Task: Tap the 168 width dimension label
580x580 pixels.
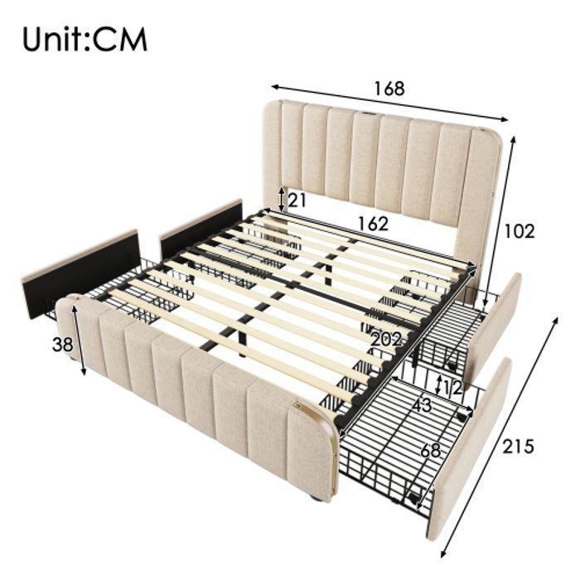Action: [388, 88]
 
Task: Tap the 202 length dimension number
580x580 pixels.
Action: [386, 339]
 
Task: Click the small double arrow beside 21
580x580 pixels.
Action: [282, 199]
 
